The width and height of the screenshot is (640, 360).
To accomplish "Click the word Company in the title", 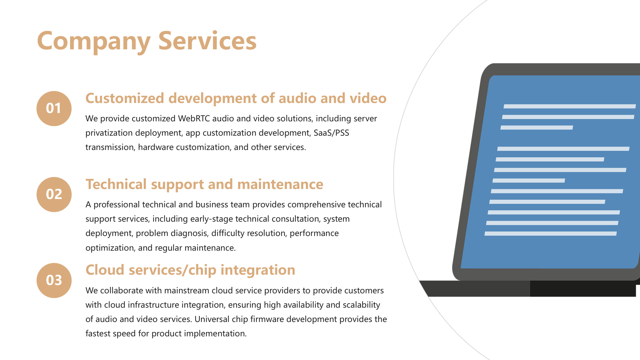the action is tap(94, 41).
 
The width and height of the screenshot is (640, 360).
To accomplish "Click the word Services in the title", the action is tap(207, 41).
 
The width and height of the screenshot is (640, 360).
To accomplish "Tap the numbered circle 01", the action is tap(54, 108).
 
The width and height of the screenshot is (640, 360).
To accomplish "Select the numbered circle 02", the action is tap(54, 194).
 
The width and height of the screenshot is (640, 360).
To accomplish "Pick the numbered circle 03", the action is tap(54, 280).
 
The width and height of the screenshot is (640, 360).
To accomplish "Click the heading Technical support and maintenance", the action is tap(204, 184).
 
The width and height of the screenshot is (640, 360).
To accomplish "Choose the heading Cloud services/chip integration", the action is tap(190, 270).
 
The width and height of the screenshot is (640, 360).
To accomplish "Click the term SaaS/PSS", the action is tap(331, 133).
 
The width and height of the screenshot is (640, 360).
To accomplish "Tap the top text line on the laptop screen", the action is tap(570, 106).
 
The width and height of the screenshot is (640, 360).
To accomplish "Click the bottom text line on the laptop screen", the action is tap(551, 234).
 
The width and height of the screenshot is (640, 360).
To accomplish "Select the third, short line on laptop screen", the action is tap(537, 128).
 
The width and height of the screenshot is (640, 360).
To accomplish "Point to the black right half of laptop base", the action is tap(583, 289).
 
